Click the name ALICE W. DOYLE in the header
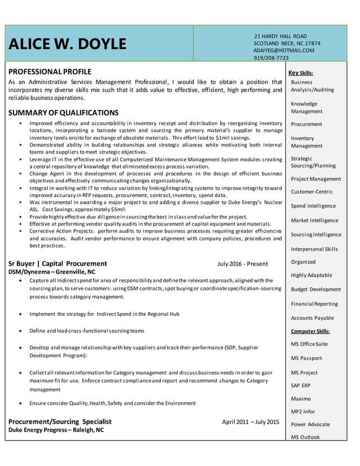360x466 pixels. pos(67,44)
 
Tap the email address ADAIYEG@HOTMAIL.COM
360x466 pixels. pos(284,50)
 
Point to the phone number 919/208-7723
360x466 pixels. pos(271,58)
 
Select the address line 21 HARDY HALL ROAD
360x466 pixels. pos(280,36)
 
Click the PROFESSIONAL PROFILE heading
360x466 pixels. pos(50,72)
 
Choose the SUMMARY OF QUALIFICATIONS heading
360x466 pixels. pos(63,112)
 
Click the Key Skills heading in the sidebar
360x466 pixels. pos(301,73)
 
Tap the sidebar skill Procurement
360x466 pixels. pos(306,124)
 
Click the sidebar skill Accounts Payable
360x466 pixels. pos(312,318)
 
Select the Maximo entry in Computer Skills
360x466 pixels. pos(301,399)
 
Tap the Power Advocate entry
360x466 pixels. pos(310,424)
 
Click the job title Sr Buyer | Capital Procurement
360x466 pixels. pos(58,263)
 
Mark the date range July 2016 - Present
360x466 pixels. pos(243,263)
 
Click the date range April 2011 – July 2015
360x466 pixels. pos(251,421)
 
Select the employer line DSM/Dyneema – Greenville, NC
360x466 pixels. pos(52,272)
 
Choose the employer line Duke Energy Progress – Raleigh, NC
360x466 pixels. pos(56,430)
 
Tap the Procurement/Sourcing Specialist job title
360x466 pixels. pos(60,421)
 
